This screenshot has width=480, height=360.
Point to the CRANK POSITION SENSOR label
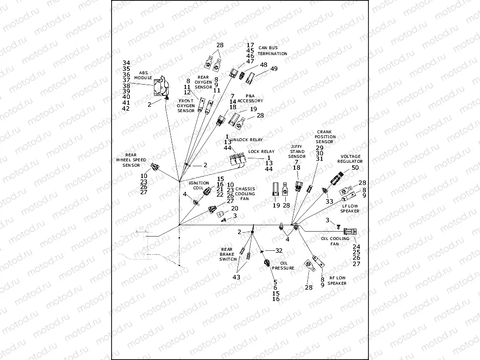(x=325, y=137)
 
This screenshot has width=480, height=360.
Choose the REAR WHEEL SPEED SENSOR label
(x=131, y=160)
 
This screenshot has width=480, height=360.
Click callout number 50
(x=355, y=168)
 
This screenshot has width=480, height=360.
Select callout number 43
(x=237, y=278)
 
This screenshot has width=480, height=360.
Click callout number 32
(x=279, y=250)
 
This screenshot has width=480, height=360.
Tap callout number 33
(x=330, y=202)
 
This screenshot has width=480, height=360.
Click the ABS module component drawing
(x=160, y=88)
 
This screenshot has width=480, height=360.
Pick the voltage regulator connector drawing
(x=338, y=177)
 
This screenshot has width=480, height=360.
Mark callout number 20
(x=235, y=209)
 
